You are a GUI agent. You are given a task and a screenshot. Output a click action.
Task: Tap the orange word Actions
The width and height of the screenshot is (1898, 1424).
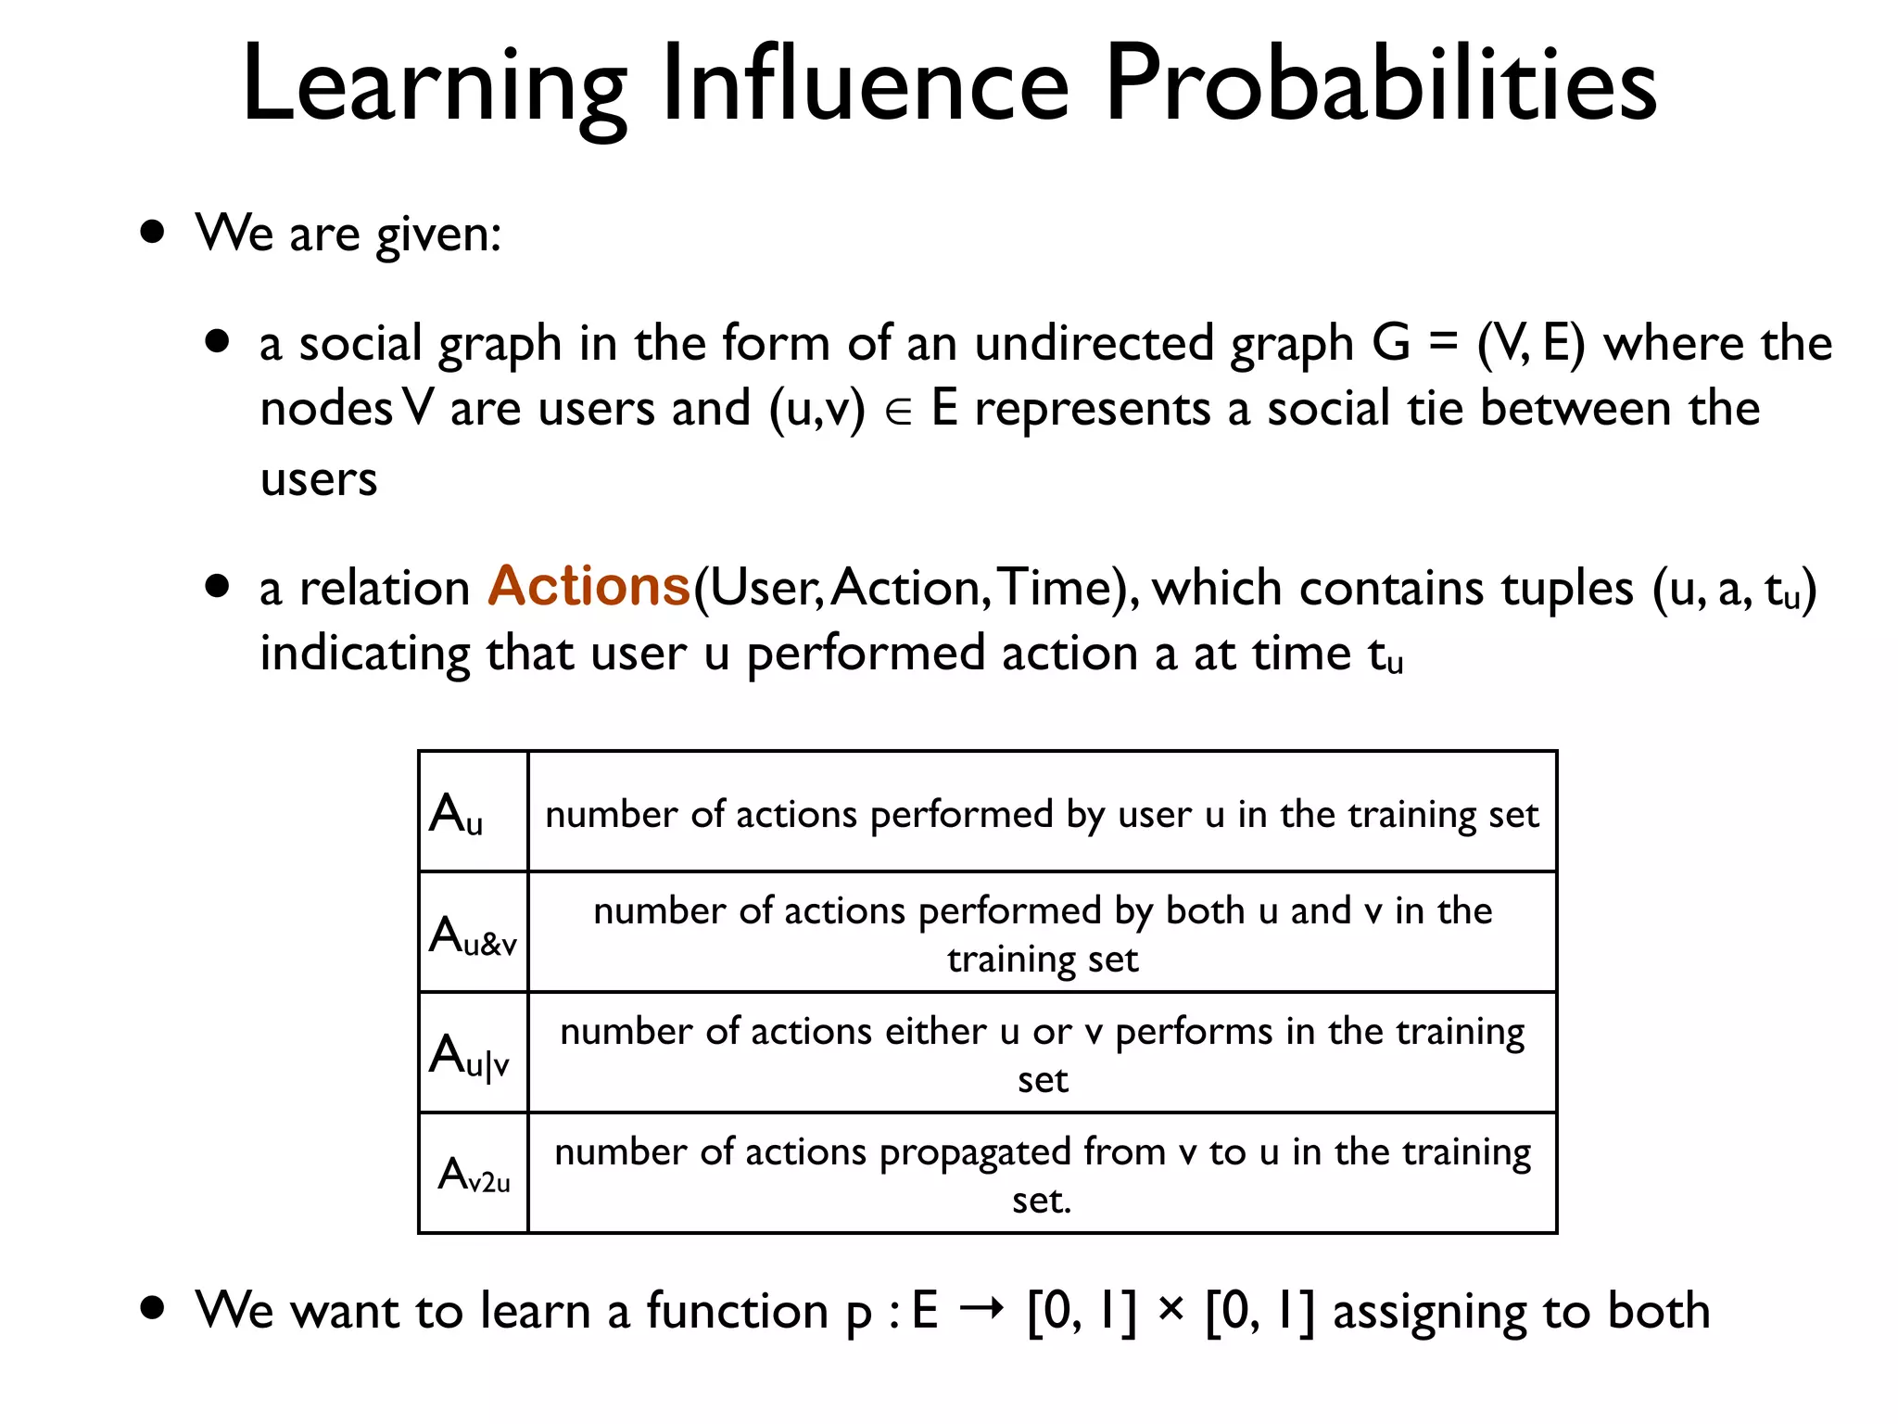point(589,586)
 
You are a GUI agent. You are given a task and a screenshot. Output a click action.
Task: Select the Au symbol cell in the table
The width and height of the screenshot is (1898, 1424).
point(473,812)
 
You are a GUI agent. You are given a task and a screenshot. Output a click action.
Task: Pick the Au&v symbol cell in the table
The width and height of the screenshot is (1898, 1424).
point(473,933)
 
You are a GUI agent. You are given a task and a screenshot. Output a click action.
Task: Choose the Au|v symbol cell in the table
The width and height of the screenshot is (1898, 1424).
point(473,1053)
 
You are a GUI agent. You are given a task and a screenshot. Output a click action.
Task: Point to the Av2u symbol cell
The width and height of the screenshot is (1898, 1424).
point(473,1174)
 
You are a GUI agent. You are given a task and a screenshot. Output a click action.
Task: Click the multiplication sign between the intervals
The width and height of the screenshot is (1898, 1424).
point(1171,1309)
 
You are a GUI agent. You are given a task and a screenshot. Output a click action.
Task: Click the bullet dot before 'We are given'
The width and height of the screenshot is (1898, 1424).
point(153,231)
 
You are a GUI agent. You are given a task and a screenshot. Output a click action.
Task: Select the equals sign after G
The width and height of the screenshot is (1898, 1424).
point(1443,343)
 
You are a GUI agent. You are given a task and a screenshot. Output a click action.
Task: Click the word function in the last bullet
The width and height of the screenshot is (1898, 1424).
point(738,1311)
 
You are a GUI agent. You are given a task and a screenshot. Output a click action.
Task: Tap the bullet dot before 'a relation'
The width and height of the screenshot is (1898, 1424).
point(217,586)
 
